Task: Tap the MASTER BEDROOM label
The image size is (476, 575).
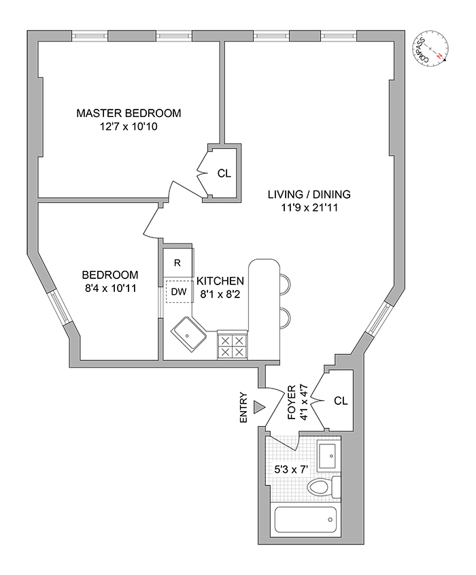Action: click(129, 113)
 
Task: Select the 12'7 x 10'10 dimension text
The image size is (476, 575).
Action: click(129, 127)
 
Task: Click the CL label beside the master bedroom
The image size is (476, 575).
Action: click(224, 173)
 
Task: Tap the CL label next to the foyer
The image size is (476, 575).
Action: click(341, 401)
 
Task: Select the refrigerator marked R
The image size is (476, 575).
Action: click(177, 263)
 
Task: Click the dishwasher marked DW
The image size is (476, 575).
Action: click(178, 292)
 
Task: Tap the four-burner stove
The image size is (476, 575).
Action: click(233, 346)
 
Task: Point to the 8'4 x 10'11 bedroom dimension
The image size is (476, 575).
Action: click(110, 289)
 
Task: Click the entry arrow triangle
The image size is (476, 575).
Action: click(258, 407)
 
